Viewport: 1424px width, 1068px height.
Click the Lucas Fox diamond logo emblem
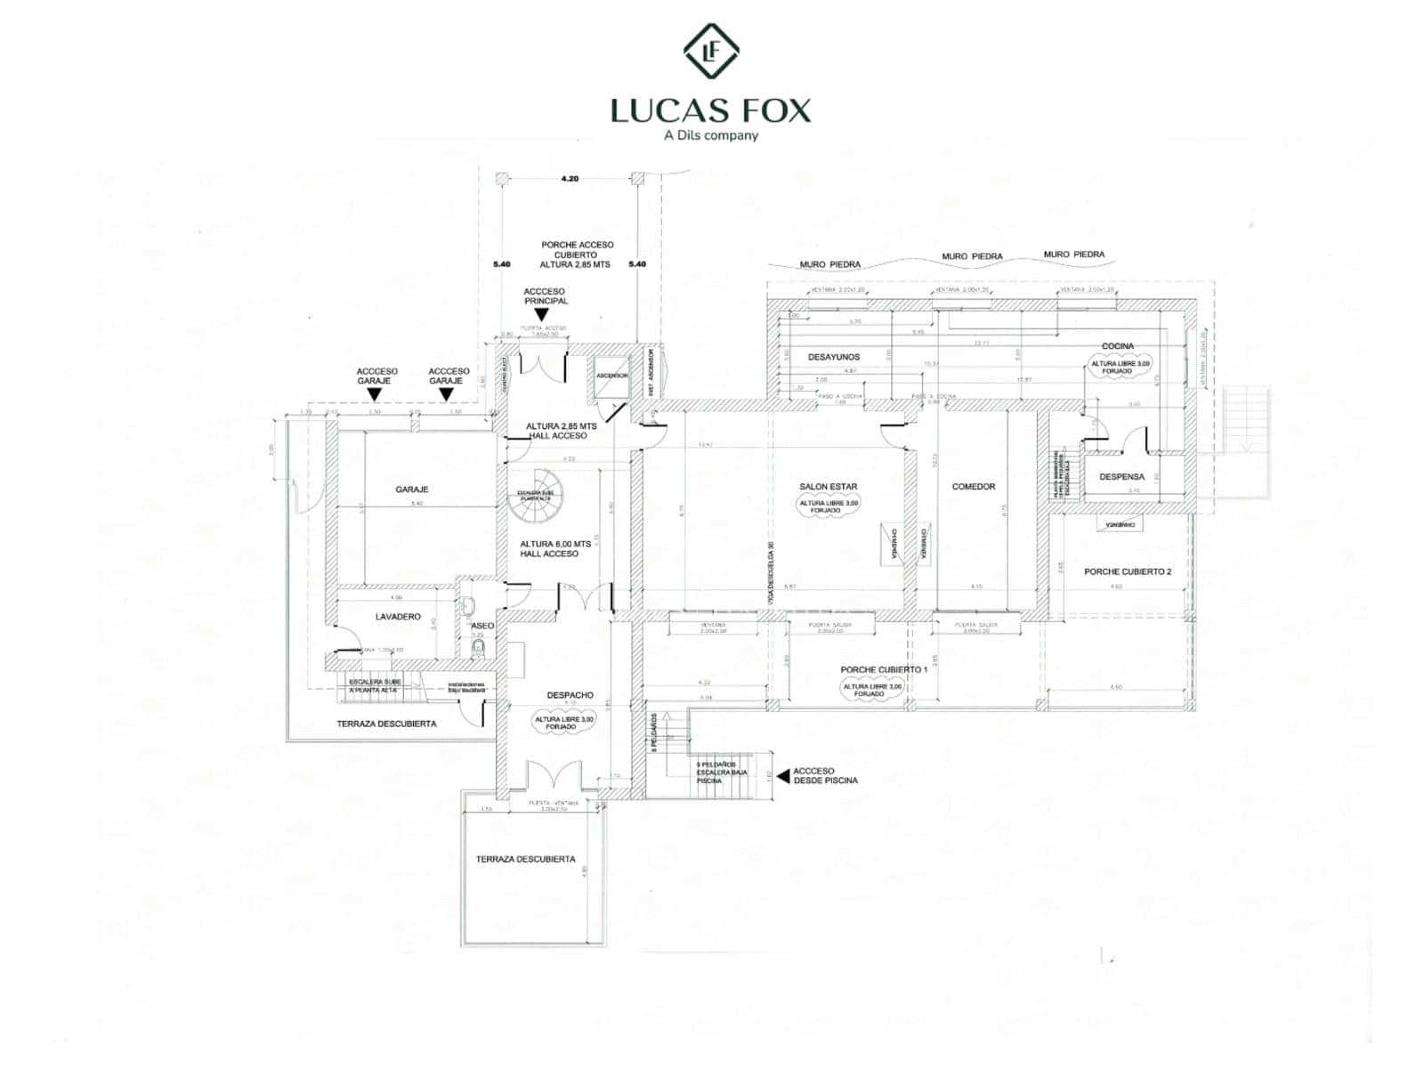711,52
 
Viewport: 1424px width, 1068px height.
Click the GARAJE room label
412,489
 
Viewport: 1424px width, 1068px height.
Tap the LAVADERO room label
398,617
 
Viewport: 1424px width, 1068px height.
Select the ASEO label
482,627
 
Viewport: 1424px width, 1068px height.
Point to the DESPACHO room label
570,696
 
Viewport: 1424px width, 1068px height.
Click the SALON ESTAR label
828,487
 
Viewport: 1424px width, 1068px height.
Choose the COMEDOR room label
974,487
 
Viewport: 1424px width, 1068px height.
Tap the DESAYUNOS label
834,357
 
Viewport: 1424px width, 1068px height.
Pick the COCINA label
1118,346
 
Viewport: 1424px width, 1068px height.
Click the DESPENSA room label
1121,477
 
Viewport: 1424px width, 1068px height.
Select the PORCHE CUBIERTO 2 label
1128,572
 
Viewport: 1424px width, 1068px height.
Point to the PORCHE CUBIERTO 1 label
884,669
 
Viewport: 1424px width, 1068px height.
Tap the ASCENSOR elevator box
611,376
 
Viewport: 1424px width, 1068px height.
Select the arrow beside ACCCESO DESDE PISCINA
782,776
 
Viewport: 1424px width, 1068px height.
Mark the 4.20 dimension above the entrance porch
570,179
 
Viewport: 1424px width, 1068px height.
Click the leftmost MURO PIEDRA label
829,264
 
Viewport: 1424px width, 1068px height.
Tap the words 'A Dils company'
711,135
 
